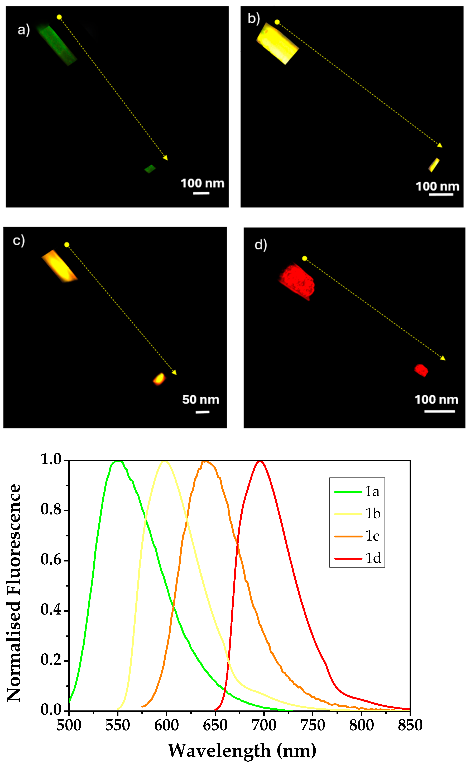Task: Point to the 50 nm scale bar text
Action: click(x=201, y=400)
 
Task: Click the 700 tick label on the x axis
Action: click(x=264, y=725)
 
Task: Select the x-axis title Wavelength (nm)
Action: click(x=242, y=751)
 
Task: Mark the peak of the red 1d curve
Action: click(x=260, y=461)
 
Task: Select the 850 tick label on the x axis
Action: click(x=410, y=725)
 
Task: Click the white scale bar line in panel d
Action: click(x=439, y=411)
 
